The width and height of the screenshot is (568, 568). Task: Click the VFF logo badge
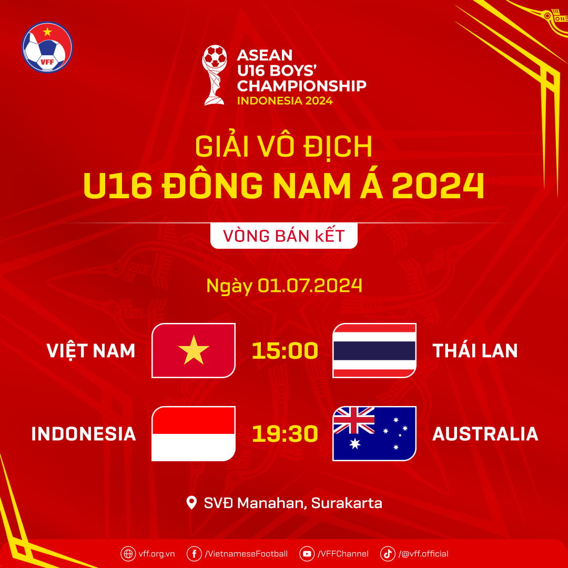click(x=47, y=47)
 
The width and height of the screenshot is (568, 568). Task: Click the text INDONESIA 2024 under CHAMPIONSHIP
click(x=285, y=100)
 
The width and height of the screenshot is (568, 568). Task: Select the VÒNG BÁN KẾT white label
click(x=284, y=236)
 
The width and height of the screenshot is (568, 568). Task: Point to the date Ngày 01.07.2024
click(x=284, y=286)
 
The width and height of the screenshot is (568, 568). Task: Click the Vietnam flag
click(x=194, y=350)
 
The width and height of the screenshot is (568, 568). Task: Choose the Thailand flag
click(x=374, y=350)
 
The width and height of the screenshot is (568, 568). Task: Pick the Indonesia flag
click(x=194, y=433)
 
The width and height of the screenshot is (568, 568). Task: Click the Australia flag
click(x=374, y=433)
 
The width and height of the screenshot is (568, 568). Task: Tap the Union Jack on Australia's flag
click(x=354, y=420)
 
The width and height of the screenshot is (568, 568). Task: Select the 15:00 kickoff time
click(x=285, y=350)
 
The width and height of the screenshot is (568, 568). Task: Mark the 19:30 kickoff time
click(x=285, y=433)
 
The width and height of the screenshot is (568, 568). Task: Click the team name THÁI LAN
click(x=475, y=350)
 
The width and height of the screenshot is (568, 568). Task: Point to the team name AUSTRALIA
click(x=485, y=433)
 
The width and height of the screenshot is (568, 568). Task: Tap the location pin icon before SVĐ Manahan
click(x=192, y=503)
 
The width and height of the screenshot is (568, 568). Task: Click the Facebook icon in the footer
click(x=194, y=553)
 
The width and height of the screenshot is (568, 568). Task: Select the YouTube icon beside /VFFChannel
click(x=307, y=553)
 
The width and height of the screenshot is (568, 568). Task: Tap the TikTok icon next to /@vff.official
click(x=388, y=553)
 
